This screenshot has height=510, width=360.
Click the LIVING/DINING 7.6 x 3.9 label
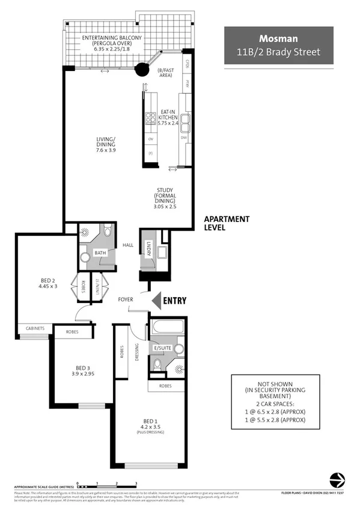pos(106,146)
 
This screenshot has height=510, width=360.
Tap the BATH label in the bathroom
pos(100,253)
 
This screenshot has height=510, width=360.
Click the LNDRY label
pos(148,248)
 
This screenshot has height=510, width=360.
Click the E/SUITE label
pos(162,348)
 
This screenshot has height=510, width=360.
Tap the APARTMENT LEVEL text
pos(226,224)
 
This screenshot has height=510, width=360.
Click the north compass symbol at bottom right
pos(337,480)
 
